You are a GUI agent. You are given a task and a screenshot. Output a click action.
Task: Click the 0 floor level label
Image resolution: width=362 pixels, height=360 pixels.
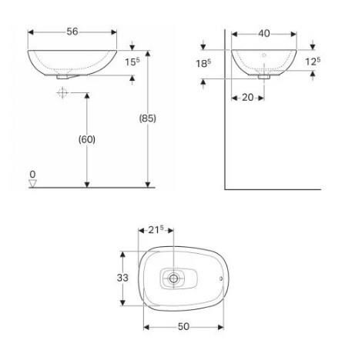[32, 175]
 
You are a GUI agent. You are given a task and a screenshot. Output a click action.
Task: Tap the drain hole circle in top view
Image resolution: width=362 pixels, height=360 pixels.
[176, 278]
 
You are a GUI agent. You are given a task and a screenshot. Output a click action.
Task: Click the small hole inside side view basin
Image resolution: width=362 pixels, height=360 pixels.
[264, 55]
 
